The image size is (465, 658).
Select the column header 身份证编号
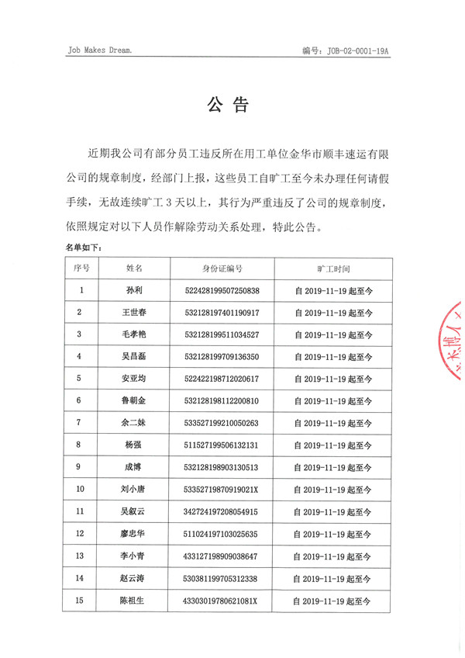[222, 268]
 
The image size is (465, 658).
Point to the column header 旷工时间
[333, 268]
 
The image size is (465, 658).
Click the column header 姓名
[134, 268]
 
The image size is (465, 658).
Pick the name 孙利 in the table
[134, 291]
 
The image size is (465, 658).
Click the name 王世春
[134, 313]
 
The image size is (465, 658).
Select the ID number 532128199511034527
[222, 334]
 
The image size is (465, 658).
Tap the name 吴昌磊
[134, 356]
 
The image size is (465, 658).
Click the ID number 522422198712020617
[222, 379]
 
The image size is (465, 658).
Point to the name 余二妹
[134, 423]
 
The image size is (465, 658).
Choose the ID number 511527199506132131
[222, 445]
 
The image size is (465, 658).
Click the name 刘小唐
[134, 490]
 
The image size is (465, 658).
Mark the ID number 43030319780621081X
[222, 601]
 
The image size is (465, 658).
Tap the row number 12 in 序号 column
[80, 534]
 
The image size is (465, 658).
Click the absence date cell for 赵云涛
[333, 579]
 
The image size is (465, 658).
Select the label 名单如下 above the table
[83, 248]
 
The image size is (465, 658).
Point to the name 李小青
[134, 556]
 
